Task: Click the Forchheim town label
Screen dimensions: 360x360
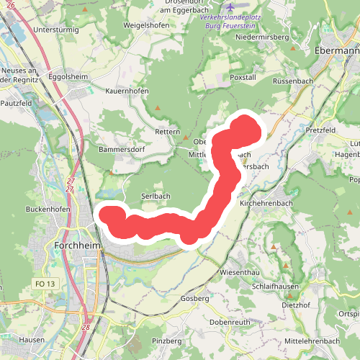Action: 78,246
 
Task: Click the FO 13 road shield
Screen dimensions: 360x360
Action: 44,284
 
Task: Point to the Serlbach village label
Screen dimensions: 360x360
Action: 156,197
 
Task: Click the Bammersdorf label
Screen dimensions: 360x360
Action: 122,150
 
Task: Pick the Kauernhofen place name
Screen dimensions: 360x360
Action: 127,92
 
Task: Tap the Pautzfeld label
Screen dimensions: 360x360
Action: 17,104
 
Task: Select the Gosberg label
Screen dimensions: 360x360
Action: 195,298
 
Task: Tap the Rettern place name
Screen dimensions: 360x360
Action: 167,132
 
